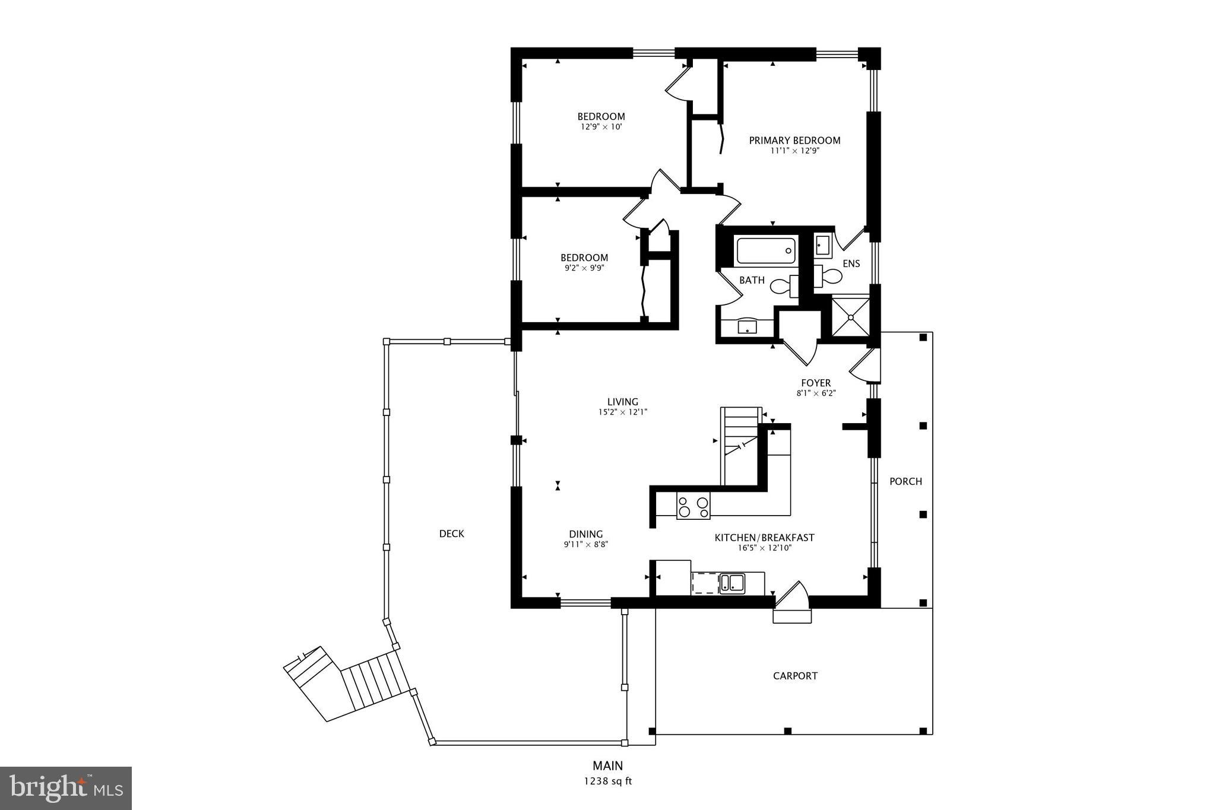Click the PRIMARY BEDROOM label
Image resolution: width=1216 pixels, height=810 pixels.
794,141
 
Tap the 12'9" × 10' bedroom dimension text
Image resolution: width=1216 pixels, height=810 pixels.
601,126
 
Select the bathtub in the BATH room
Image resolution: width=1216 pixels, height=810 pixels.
765,250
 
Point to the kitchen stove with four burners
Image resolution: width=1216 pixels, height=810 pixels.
693,506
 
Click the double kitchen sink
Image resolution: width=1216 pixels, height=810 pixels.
732,583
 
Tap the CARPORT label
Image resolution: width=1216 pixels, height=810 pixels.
795,676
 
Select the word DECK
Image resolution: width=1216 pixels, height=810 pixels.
451,533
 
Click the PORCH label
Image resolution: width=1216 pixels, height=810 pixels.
905,481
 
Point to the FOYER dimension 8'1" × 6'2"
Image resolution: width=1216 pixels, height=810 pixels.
816,393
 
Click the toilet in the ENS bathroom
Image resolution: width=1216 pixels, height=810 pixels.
828,277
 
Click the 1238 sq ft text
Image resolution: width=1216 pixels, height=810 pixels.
607,782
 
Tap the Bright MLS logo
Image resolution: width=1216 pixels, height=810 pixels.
66,788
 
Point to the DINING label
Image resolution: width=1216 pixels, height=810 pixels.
585,534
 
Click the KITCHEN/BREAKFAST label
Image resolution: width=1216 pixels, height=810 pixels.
764,538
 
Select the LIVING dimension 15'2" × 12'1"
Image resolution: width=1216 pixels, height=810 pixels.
622,412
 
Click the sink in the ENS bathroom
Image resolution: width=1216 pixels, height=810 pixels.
822,244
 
